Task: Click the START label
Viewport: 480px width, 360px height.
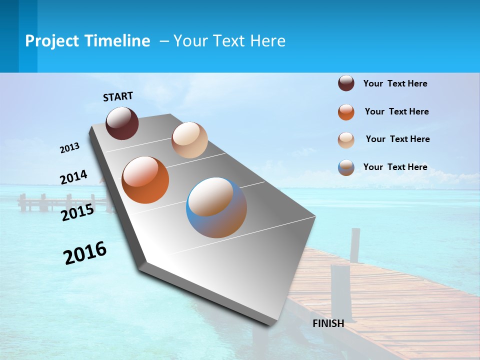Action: [118, 96]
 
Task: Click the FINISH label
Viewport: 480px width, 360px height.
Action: [328, 323]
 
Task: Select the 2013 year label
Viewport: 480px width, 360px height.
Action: [70, 147]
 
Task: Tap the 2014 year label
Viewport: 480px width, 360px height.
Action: [73, 177]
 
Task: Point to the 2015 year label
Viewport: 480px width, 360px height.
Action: [77, 212]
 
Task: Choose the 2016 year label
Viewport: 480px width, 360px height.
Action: [85, 253]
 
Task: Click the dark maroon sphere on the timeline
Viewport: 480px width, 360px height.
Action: [122, 123]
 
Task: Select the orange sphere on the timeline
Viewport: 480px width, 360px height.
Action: [145, 179]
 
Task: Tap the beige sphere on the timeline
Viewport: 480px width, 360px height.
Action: [189, 140]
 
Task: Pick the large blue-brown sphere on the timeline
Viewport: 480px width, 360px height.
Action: [216, 207]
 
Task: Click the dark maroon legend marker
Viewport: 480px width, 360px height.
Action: [346, 83]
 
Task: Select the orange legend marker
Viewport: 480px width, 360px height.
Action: [346, 112]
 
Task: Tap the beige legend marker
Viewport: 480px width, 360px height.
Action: [346, 140]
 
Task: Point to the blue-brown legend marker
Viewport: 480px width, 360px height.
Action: [346, 167]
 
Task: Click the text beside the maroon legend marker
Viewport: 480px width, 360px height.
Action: [395, 83]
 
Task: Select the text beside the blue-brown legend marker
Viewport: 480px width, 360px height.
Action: [395, 167]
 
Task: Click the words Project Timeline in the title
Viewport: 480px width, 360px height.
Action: [87, 41]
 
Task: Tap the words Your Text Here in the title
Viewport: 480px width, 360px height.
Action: [229, 41]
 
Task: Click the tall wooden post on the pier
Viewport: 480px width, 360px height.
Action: [354, 245]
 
